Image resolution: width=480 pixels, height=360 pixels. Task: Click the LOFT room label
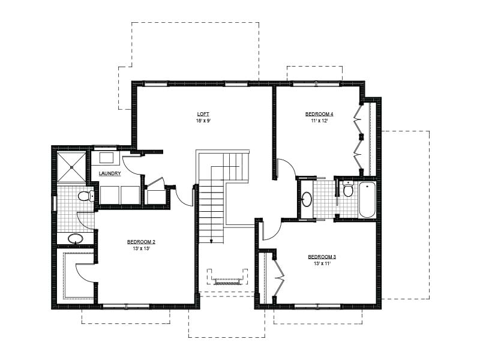[x=203, y=114]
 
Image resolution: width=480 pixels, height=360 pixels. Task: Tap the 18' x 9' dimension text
[x=203, y=121]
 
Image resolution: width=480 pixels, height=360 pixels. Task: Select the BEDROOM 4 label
[x=319, y=114]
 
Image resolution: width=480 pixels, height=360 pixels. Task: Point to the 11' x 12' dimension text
[x=319, y=121]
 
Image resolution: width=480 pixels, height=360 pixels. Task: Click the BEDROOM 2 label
[x=141, y=242]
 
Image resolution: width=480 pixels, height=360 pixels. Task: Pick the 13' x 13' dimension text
[x=141, y=248]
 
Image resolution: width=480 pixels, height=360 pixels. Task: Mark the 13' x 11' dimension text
[x=322, y=263]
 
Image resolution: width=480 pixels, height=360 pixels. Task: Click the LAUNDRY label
[x=110, y=173]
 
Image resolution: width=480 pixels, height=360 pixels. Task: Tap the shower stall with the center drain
[x=71, y=167]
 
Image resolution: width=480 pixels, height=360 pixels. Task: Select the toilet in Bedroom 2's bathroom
[x=86, y=196]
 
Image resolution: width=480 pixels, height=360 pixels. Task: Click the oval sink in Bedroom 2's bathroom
[x=76, y=238]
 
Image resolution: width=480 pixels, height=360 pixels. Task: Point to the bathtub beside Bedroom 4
[x=367, y=200]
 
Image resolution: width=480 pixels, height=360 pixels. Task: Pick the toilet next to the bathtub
[x=348, y=189]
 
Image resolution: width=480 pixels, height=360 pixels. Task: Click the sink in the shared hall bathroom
[x=307, y=199]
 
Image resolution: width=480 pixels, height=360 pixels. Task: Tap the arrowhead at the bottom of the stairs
[x=211, y=242]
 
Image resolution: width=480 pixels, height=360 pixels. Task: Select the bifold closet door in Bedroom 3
[x=279, y=278]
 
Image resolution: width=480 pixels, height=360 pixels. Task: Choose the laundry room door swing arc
[x=132, y=166]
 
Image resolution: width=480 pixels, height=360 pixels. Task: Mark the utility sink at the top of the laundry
[x=107, y=158]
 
